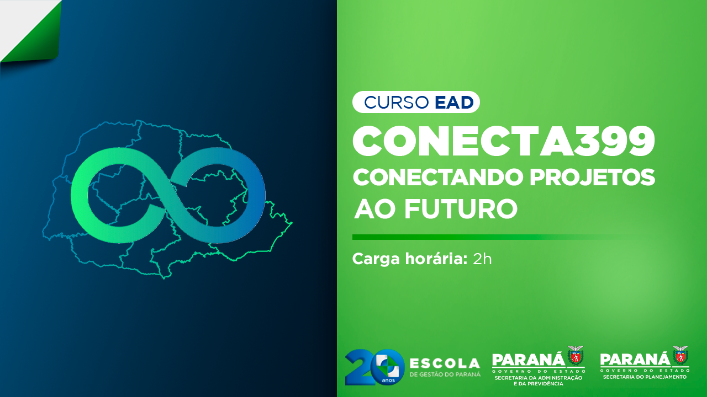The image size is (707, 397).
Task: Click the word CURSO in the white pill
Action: (x=397, y=103)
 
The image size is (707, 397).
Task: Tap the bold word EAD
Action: (x=454, y=103)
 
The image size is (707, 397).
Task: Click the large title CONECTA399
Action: (x=504, y=141)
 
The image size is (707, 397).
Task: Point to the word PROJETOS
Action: (x=593, y=177)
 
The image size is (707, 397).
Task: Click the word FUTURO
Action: (x=461, y=209)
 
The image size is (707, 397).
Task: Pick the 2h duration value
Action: (x=482, y=259)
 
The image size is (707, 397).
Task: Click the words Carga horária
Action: (x=409, y=259)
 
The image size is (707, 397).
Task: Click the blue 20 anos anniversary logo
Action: (x=374, y=367)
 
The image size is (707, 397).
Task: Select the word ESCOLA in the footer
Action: (x=445, y=364)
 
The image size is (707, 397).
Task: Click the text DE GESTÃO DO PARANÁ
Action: (x=445, y=374)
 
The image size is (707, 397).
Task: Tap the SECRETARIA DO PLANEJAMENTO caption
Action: (x=645, y=377)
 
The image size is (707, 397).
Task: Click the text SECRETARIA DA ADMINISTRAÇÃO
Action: (x=539, y=378)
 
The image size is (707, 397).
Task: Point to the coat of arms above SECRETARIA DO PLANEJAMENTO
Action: (x=680, y=356)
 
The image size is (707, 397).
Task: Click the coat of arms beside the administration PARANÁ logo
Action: (x=576, y=356)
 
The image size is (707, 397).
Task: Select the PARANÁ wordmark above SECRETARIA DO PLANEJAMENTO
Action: (x=635, y=359)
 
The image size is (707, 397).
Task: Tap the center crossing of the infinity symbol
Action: (x=167, y=195)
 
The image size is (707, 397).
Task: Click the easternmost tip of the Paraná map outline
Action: (x=292, y=223)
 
